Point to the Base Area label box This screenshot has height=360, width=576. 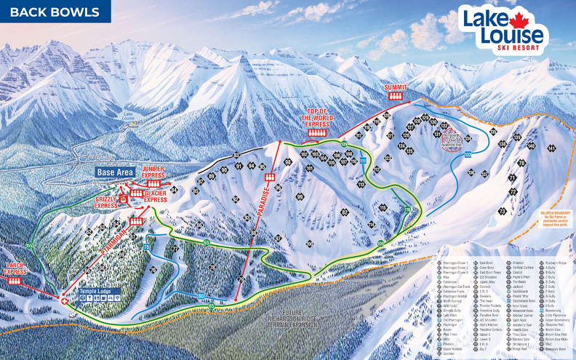click(x=116, y=172)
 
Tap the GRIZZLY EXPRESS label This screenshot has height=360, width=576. click(x=106, y=201)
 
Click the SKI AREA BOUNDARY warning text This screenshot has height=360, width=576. click(x=554, y=219)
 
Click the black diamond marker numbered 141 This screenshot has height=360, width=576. click(x=551, y=148)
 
